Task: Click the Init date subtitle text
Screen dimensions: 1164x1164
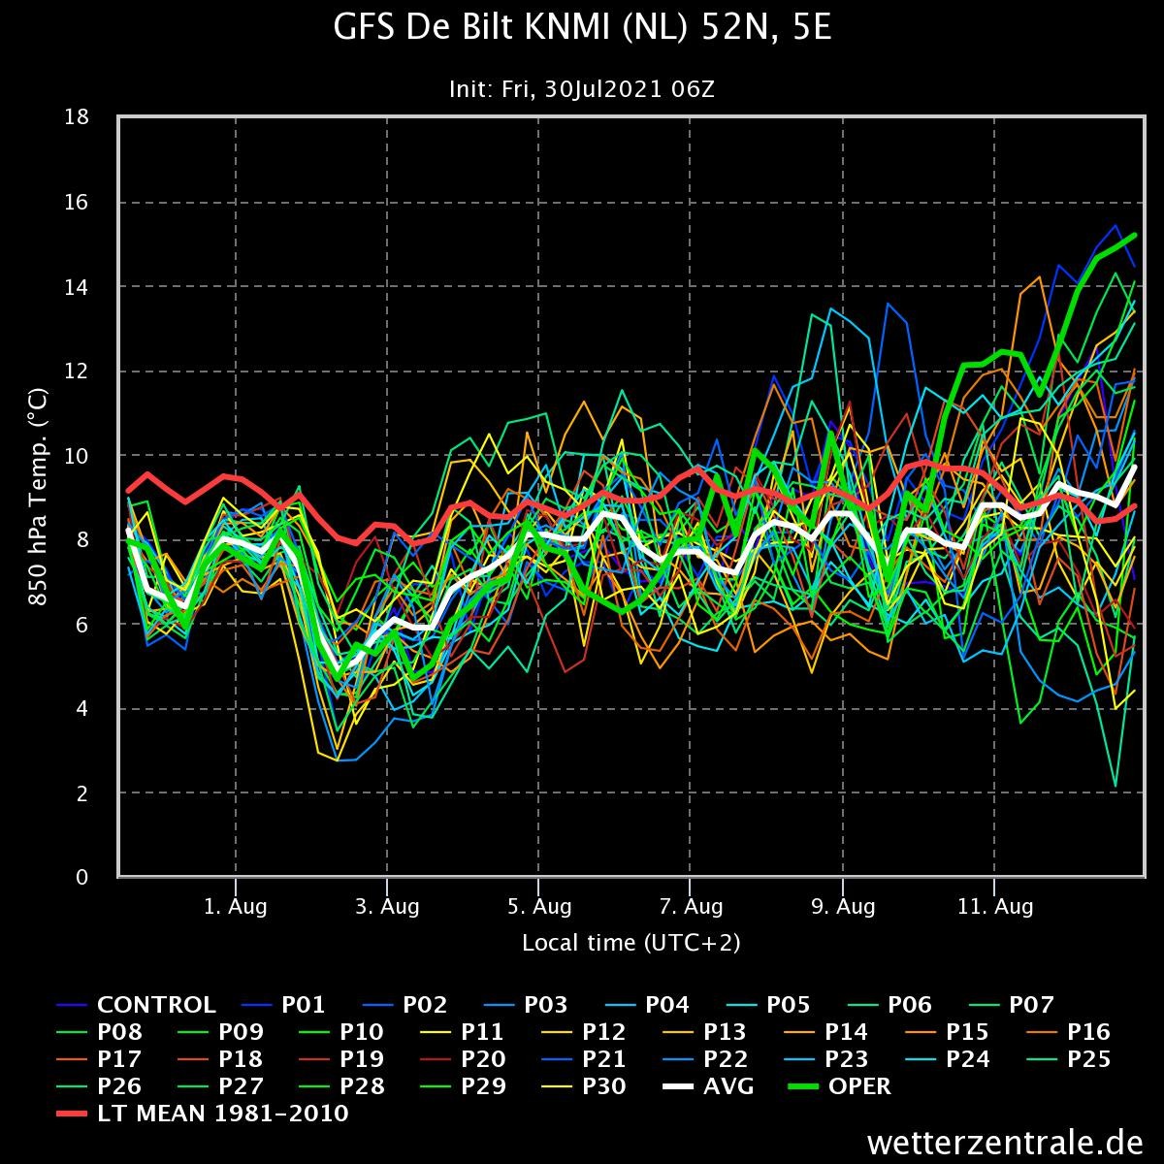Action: pos(582,89)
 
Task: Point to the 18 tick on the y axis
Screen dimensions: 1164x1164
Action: pos(77,116)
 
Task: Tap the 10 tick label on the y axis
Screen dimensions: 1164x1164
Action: pos(77,456)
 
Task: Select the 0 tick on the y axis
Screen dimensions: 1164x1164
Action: pos(82,877)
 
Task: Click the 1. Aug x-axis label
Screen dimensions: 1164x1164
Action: pos(235,906)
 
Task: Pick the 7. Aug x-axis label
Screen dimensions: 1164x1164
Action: pos(691,906)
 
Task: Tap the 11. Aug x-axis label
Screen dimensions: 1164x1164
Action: pos(995,906)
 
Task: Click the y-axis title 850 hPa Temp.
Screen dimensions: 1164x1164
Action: pos(38,497)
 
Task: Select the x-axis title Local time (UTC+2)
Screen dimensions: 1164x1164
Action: pos(631,942)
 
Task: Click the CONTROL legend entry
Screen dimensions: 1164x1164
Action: pos(136,1005)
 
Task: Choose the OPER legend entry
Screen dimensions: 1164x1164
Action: pos(840,1086)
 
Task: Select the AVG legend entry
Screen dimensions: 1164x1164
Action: pos(708,1086)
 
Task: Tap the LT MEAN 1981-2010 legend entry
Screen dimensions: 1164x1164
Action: pos(203,1114)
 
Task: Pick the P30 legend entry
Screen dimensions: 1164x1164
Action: pos(584,1086)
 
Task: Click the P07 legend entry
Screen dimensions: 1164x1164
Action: pos(1011,1005)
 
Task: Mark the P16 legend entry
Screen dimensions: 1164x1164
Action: pos(1069,1032)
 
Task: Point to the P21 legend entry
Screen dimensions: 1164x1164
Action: pos(584,1059)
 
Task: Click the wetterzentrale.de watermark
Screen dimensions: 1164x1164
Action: pos(1005,1143)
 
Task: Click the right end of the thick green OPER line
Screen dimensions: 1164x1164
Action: pos(1134,235)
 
